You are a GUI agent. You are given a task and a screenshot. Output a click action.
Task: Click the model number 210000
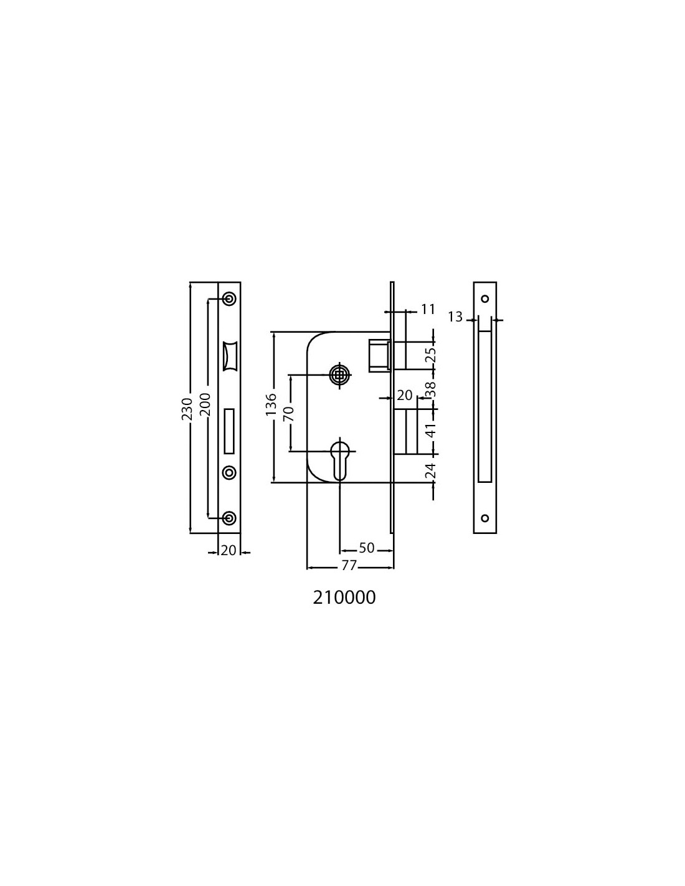coord(344,598)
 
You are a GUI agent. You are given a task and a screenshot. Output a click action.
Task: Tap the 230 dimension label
coord(187,409)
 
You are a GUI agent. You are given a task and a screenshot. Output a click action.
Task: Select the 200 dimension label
coord(205,404)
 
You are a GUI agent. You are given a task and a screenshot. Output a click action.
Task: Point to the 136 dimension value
coord(271,404)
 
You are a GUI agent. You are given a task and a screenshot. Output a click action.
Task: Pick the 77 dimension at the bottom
coord(349,566)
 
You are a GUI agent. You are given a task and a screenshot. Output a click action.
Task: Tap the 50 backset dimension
coord(366,548)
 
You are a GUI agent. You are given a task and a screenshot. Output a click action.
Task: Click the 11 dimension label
coord(427,310)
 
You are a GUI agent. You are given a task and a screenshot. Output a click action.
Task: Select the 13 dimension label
coord(456,317)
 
